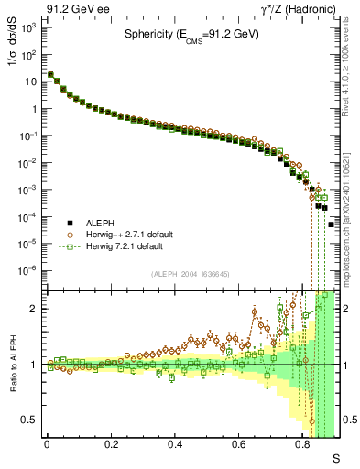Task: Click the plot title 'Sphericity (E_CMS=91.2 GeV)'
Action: pyautogui.click(x=192, y=36)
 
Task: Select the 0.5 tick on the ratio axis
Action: pyautogui.click(x=31, y=420)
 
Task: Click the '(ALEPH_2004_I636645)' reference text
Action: pyautogui.click(x=191, y=275)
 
